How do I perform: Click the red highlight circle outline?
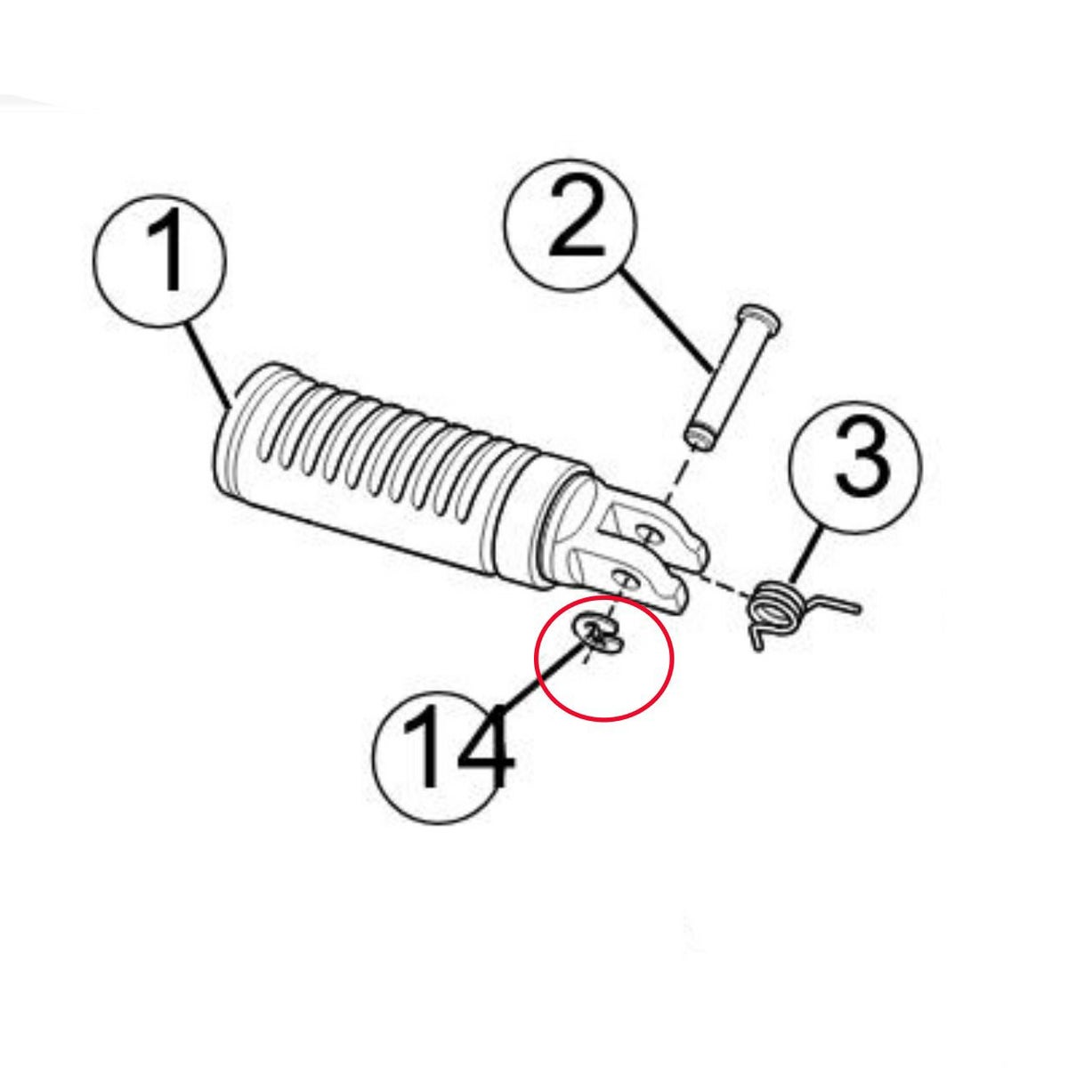point(535,659)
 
